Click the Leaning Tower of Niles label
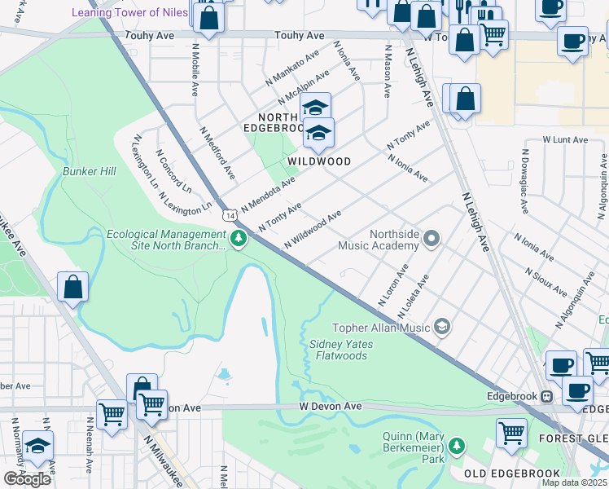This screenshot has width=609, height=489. tap(129, 12)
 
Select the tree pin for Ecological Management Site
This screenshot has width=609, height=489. tap(239, 239)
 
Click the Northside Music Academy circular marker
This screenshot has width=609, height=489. tap(432, 239)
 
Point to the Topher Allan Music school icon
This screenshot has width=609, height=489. tap(442, 327)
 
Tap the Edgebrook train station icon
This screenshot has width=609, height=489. tap(547, 397)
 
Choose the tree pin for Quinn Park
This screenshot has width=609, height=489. tap(458, 446)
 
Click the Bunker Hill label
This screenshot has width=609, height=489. tap(90, 171)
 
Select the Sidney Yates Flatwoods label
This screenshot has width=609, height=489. tap(341, 350)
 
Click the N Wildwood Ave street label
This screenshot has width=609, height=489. tap(313, 231)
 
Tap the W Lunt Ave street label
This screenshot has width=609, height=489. tap(565, 140)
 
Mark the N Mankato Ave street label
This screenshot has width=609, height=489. tap(292, 70)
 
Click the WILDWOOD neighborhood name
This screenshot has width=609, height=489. tap(318, 161)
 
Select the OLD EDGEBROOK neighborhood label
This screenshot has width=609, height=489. tap(512, 474)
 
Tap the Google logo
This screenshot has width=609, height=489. tap(27, 479)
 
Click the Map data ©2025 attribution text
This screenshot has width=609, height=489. tap(575, 482)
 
